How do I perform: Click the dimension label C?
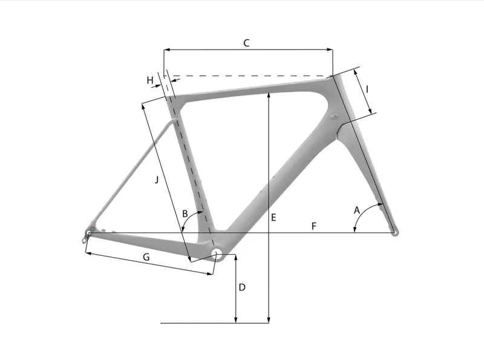[246, 43]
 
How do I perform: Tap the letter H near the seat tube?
[150, 80]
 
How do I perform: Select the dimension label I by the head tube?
[368, 89]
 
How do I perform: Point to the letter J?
[157, 180]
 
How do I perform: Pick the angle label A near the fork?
[357, 210]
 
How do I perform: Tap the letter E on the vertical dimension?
[273, 217]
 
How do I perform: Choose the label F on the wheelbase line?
[313, 226]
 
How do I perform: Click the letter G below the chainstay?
[146, 257]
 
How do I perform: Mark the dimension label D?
[242, 287]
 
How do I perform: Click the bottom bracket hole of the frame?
[217, 252]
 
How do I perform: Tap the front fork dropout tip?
[394, 232]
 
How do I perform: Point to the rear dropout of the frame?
[89, 231]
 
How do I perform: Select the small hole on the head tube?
[332, 114]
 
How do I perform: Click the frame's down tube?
[272, 175]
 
